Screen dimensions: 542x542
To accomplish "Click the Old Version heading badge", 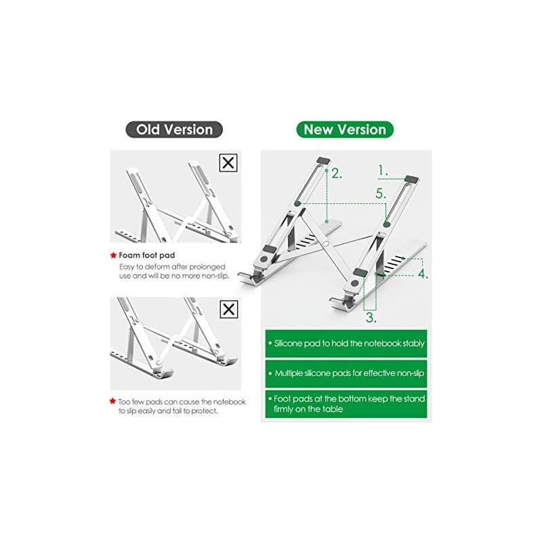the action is click(174, 129).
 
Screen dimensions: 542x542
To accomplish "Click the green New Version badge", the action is click(345, 129).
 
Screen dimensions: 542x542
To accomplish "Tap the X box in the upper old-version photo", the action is click(228, 163).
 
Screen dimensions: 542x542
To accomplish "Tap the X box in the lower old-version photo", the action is click(229, 309).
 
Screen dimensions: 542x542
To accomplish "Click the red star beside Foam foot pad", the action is click(113, 255).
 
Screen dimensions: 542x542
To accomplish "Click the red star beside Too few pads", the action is click(112, 401).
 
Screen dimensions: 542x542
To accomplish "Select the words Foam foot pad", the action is click(147, 255).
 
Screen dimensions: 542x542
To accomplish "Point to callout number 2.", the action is click(336, 173).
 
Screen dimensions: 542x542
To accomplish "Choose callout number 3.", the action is click(371, 317).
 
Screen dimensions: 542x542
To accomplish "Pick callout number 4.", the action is click(423, 274).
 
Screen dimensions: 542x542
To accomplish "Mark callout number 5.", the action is click(381, 194).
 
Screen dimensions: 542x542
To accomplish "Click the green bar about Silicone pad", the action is click(346, 343).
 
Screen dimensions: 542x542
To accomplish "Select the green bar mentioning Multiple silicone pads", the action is click(346, 374).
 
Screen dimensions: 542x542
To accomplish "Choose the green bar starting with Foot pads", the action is click(346, 404).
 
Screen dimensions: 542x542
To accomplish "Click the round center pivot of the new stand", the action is click(325, 244).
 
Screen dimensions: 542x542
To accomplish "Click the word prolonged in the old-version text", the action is click(207, 267).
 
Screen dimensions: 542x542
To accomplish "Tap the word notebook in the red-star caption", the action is click(229, 402).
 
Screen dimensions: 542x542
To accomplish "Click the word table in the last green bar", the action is click(332, 409).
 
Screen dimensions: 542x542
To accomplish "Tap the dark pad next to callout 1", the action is click(411, 179).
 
